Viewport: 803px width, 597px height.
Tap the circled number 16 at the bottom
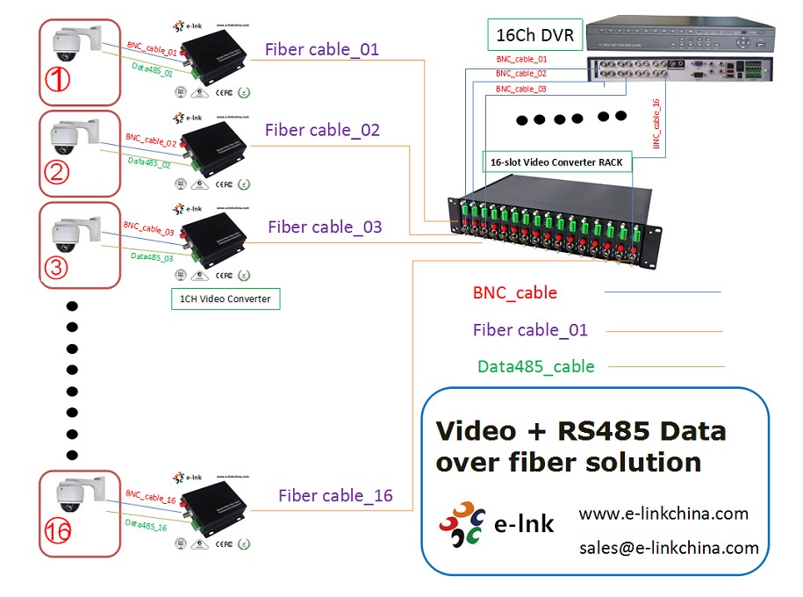tap(58, 530)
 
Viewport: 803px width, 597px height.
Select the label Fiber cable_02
tap(322, 130)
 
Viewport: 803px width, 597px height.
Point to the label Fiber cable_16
tap(335, 495)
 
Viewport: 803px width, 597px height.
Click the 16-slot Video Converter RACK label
tap(557, 162)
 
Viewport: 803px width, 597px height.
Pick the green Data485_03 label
tap(152, 257)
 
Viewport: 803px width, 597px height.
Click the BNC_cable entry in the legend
tap(514, 292)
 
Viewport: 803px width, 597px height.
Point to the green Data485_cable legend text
tap(535, 367)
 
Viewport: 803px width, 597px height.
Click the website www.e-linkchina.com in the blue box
tap(663, 514)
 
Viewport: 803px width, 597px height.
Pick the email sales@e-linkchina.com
tap(669, 548)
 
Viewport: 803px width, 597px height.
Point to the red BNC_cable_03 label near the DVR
tap(520, 90)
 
